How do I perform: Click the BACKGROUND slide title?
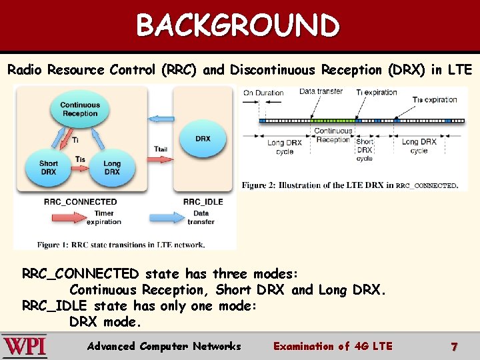pyautogui.click(x=238, y=25)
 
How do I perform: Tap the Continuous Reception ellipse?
pyautogui.click(x=80, y=109)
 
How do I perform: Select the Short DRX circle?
pyautogui.click(x=49, y=167)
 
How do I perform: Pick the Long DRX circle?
pyautogui.click(x=112, y=167)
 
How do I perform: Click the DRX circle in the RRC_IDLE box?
pyautogui.click(x=203, y=139)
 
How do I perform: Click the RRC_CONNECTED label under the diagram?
pyautogui.click(x=80, y=201)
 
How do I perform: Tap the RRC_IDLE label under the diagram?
pyautogui.click(x=203, y=201)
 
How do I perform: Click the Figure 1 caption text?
pyautogui.click(x=121, y=245)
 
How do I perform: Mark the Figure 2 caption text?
pyautogui.click(x=350, y=185)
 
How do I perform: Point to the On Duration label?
pyautogui.click(x=263, y=93)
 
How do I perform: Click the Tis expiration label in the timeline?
pyautogui.click(x=435, y=100)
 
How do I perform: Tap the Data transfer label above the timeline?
pyautogui.click(x=321, y=91)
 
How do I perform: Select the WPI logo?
pyautogui.click(x=24, y=347)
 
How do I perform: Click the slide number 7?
pyautogui.click(x=454, y=347)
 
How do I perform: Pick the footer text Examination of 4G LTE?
pyautogui.click(x=333, y=346)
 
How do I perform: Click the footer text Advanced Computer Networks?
pyautogui.click(x=164, y=346)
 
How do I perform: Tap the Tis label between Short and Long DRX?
pyautogui.click(x=80, y=159)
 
